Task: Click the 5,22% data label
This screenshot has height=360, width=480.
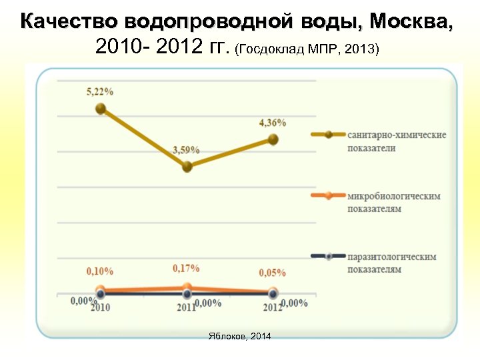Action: coord(100,92)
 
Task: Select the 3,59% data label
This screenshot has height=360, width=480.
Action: coord(186,150)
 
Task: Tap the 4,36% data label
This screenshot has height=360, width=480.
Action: coord(272,123)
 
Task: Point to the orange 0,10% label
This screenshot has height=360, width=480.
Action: coord(100,271)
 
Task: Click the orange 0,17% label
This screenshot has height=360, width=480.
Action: coord(186,268)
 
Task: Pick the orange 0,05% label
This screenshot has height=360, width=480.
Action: coord(272,273)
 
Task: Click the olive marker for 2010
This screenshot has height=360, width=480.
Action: coord(101,109)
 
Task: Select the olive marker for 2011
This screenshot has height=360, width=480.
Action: coord(187,167)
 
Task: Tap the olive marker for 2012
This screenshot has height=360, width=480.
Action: coord(273,139)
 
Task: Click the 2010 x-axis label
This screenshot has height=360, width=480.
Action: coord(100,307)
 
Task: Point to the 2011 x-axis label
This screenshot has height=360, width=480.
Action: coord(186,307)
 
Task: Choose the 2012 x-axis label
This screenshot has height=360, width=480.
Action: coord(272,307)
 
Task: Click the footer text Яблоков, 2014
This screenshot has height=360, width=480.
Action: coord(240,336)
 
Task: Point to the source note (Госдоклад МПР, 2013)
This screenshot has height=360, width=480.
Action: coord(307,49)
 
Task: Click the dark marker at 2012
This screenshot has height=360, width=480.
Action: coord(273,293)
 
